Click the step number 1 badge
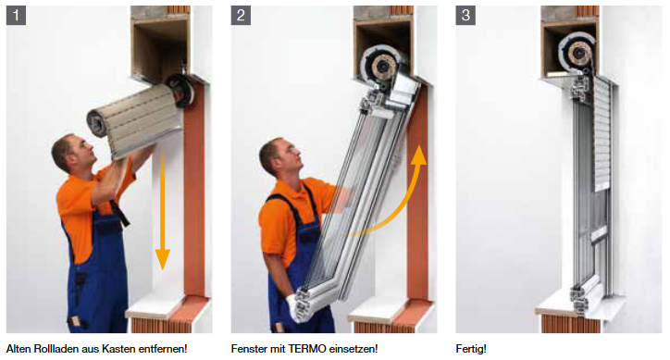[x=16, y=16]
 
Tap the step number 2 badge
[x=241, y=16]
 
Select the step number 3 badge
[x=465, y=16]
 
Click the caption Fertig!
[x=471, y=349]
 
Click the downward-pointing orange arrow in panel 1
[x=162, y=209]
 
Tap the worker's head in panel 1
[x=72, y=153]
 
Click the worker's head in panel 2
[x=280, y=156]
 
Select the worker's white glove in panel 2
[x=295, y=309]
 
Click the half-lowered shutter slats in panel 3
[x=602, y=134]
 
